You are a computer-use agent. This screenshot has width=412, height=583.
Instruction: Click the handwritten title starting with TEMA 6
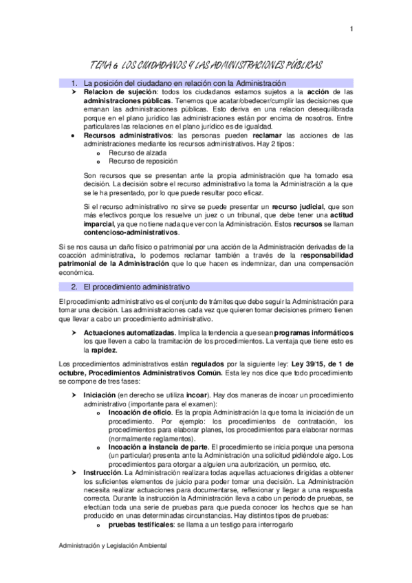click(x=206, y=64)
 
